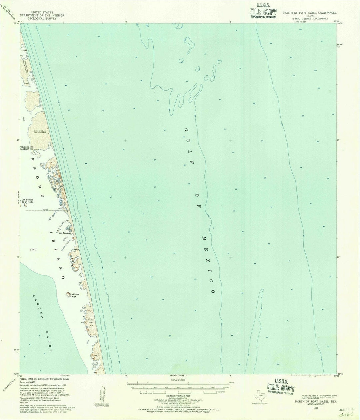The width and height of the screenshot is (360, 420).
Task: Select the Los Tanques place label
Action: click(65, 233)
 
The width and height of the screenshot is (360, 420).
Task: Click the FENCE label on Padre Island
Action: click(46, 210)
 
